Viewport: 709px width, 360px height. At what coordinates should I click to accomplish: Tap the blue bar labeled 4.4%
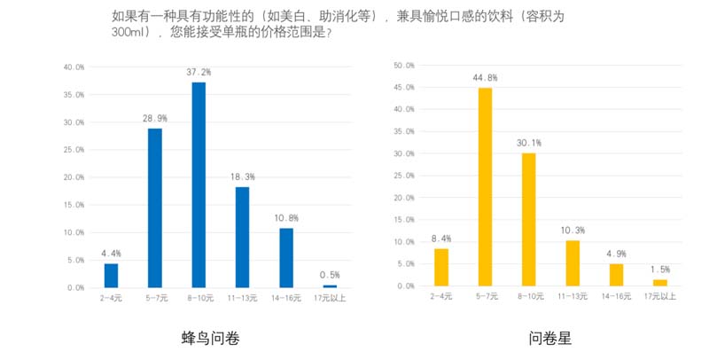[111, 276]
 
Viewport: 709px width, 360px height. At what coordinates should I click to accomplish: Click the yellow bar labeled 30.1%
[529, 219]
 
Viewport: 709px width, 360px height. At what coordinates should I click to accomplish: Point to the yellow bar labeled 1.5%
[660, 283]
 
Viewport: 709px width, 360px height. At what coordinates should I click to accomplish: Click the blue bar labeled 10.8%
[286, 258]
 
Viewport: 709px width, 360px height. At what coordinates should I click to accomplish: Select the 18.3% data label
[242, 176]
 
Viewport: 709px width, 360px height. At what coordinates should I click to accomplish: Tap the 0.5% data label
[330, 275]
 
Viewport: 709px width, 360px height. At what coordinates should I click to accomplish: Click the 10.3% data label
[573, 231]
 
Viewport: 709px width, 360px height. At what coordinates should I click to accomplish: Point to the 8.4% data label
[441, 239]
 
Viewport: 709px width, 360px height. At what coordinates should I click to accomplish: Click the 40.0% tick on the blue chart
[74, 67]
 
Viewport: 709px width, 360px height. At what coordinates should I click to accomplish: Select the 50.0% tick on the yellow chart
[404, 66]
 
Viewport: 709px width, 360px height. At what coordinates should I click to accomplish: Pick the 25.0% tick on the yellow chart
[404, 176]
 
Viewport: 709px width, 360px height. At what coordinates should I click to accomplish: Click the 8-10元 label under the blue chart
[199, 297]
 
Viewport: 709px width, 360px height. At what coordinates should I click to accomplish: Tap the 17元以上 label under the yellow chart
[660, 295]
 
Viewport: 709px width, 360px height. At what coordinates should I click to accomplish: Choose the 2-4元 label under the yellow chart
[441, 295]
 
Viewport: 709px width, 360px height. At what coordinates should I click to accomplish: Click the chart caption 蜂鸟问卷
[210, 338]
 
